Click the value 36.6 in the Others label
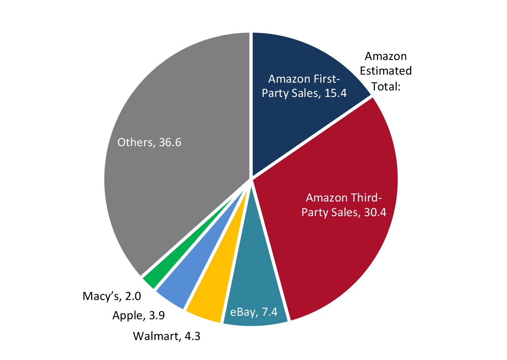coord(170,143)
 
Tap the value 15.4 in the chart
coord(335,93)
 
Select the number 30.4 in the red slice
coord(375,212)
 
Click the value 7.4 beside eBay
coord(269,312)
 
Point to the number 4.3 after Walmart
coord(192,337)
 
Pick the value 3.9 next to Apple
coord(157,316)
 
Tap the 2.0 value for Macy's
coord(133,297)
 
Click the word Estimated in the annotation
coord(386,71)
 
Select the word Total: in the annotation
coord(386,87)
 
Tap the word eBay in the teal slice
coord(243,312)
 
